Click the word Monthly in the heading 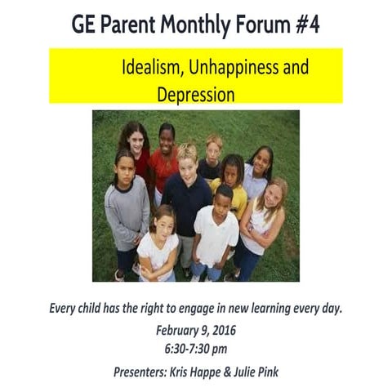(182, 24)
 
